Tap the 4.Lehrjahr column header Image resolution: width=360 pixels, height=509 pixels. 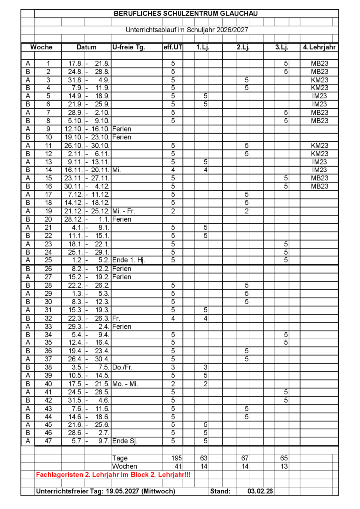319,47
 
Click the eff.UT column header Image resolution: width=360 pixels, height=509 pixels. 173,47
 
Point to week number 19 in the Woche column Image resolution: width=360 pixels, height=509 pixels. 48,211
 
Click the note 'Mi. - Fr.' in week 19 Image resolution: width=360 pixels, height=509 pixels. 124,211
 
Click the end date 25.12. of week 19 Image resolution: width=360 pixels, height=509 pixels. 100,211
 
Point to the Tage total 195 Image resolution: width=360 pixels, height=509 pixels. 177,458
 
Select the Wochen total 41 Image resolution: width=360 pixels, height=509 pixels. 178,467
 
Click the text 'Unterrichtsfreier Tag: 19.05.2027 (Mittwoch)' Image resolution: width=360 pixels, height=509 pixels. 105,491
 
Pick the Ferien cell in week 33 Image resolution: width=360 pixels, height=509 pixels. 121,326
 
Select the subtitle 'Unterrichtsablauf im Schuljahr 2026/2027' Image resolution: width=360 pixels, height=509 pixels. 186,30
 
